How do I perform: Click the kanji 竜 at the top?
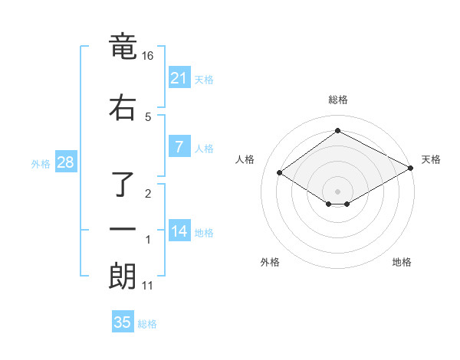pos(123,47)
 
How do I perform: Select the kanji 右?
pos(123,107)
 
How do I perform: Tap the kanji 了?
pos(123,184)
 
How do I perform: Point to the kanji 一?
pos(123,228)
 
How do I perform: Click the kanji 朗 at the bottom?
pos(123,276)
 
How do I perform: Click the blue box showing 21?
pos(179,77)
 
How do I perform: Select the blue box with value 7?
pos(179,147)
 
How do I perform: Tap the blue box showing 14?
pos(179,231)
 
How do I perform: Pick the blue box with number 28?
pos(64,162)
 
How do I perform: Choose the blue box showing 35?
pos(123,322)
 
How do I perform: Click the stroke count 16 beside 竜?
pos(147,57)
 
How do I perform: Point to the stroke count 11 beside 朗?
pos(147,286)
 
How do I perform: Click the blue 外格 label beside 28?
pos(41,163)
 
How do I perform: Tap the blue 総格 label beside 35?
pos(147,324)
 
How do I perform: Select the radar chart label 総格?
pos(337,100)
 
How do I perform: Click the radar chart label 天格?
pos(431,160)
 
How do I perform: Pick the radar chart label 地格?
pos(402,263)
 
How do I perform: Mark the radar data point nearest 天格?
pos(411,168)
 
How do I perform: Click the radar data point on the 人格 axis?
pos(280,173)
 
